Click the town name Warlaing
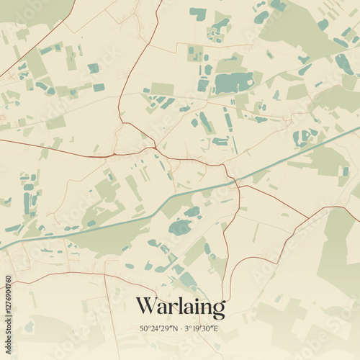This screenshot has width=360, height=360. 180,307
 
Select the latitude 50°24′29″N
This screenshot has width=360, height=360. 157,329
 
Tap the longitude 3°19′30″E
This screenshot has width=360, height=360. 202,329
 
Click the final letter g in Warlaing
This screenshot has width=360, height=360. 217,310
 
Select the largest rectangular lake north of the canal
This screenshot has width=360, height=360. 234,83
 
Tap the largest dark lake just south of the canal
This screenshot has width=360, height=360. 180,228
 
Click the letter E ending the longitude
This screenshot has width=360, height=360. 216,329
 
